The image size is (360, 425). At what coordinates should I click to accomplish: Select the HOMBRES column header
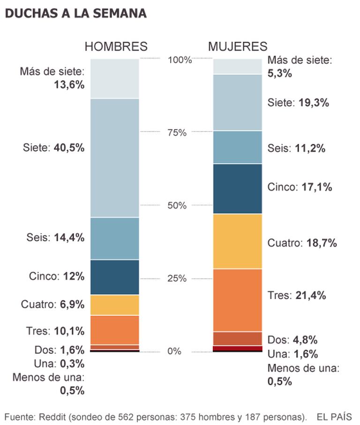(116, 46)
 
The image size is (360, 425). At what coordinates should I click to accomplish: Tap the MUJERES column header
(238, 46)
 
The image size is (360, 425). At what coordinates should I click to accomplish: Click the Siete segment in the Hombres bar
(115, 158)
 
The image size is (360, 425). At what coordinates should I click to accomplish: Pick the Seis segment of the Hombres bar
(115, 238)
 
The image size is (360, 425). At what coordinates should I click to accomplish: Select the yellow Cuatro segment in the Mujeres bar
(237, 241)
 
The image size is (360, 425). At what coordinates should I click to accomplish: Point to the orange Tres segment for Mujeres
(237, 300)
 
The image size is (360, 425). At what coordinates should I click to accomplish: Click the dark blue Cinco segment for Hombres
(115, 277)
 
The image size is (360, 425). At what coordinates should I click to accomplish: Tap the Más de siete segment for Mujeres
(237, 67)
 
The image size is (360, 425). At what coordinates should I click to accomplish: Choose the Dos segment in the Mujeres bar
(237, 338)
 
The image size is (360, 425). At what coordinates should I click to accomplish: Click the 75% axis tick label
(177, 133)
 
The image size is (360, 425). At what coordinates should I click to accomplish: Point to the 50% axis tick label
(177, 206)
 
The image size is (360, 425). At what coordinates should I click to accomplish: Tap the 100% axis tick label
(180, 60)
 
